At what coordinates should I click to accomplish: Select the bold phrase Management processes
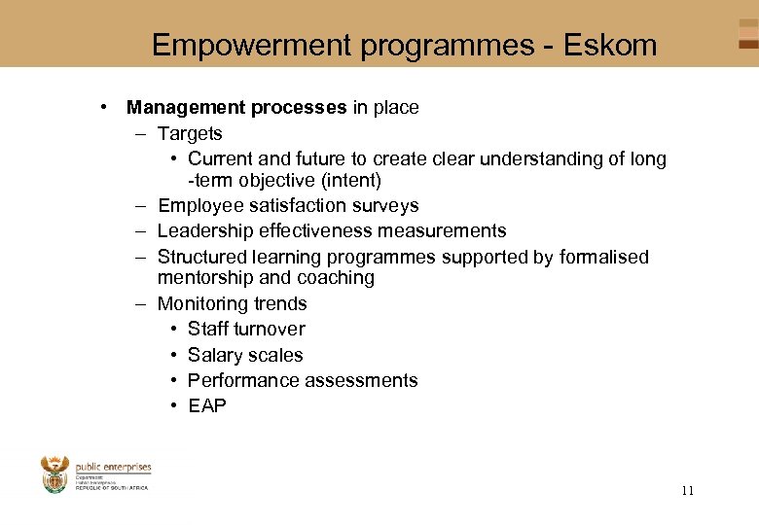click(x=236, y=108)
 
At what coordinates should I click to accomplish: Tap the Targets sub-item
click(x=190, y=134)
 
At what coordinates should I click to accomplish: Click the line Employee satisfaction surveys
click(x=288, y=205)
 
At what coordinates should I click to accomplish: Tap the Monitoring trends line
click(x=232, y=303)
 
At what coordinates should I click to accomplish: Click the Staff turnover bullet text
click(x=246, y=329)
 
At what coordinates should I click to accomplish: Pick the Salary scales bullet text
click(x=245, y=355)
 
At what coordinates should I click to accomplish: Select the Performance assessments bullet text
click(x=303, y=380)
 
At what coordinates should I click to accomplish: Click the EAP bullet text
click(x=207, y=405)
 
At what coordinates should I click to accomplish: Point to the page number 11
click(x=688, y=491)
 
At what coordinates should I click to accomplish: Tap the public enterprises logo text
click(x=113, y=467)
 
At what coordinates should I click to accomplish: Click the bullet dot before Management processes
click(x=102, y=108)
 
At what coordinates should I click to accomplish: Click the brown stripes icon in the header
click(x=747, y=35)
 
